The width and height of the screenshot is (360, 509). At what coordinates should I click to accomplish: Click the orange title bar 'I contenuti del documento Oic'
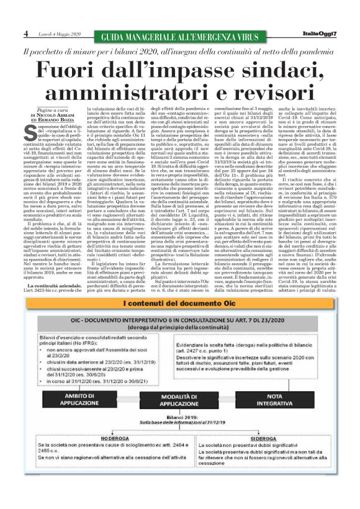click(179, 304)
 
